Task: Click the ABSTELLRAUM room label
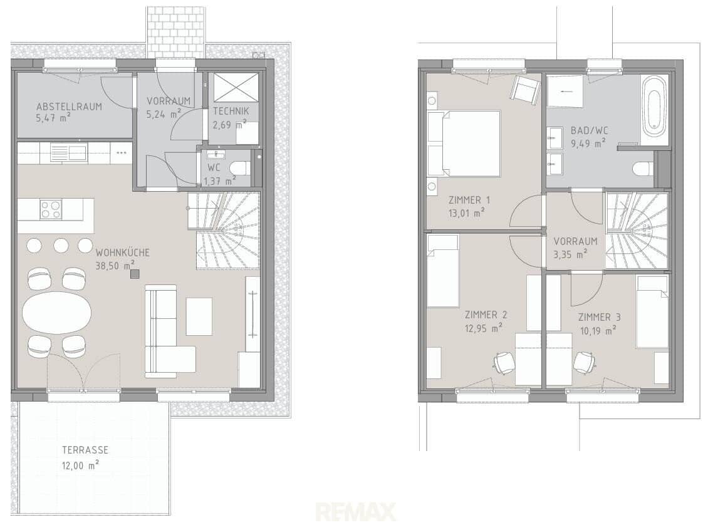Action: (x=69, y=107)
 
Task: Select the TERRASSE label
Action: (x=85, y=450)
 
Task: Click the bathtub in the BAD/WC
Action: (x=654, y=107)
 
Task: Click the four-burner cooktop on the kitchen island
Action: (x=51, y=209)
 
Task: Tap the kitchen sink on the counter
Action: (x=68, y=152)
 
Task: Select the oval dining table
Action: (x=57, y=313)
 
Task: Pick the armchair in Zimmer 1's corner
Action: (x=525, y=88)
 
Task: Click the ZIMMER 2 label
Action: (x=486, y=314)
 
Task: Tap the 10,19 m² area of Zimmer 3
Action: (x=598, y=330)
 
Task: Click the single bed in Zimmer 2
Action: (x=442, y=271)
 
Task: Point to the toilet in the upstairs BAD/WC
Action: (x=643, y=169)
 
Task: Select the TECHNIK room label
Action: (x=231, y=111)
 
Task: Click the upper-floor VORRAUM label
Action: (x=575, y=241)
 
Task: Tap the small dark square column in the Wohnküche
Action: (x=135, y=274)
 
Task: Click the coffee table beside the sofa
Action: (x=199, y=316)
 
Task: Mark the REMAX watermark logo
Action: (x=356, y=512)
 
